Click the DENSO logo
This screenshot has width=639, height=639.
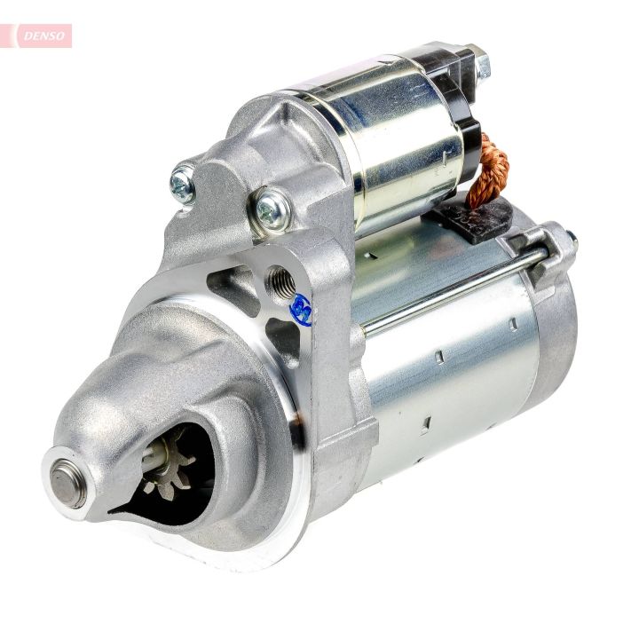click(40, 35)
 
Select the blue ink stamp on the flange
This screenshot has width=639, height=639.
click(301, 310)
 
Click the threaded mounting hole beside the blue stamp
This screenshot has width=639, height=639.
click(280, 282)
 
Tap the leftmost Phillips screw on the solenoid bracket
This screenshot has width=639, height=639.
click(183, 184)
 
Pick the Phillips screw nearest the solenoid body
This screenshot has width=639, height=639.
click(272, 209)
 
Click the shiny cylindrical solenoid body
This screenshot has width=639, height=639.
click(390, 142)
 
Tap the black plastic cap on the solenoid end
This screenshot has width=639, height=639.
click(461, 106)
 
